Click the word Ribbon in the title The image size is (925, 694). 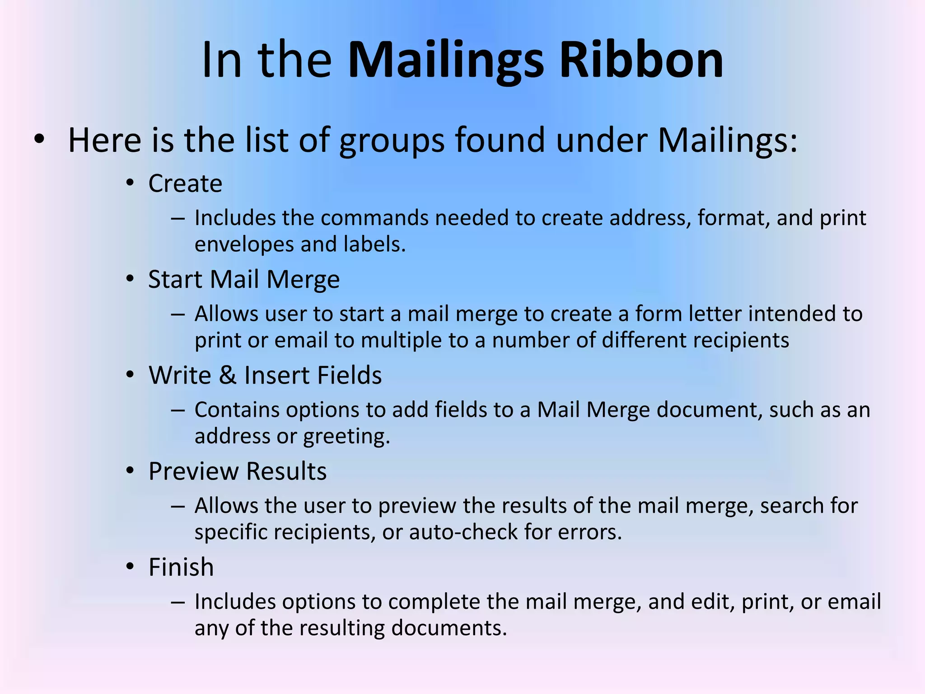[641, 60]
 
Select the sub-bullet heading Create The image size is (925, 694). [185, 183]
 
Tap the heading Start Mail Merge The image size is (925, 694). [244, 280]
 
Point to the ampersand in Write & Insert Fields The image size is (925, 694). [228, 375]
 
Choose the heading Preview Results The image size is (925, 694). [238, 471]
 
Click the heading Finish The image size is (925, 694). [181, 567]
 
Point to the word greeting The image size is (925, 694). [346, 436]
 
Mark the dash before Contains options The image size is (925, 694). [178, 410]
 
